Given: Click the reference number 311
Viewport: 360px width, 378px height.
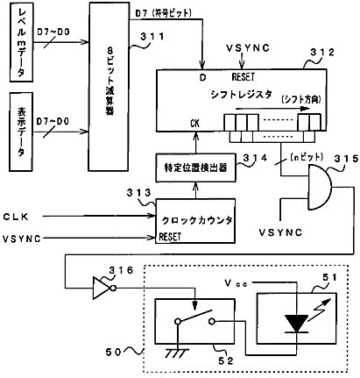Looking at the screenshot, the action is click(x=152, y=37).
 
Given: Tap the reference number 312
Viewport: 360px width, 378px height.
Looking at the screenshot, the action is click(x=322, y=53).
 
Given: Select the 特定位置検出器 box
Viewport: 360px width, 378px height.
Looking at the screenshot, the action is click(x=195, y=168).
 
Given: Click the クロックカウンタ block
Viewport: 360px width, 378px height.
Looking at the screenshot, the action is click(x=195, y=221).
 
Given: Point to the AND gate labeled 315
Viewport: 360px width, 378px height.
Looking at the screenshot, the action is click(x=320, y=187).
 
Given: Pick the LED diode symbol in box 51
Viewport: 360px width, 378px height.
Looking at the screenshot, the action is click(x=296, y=324).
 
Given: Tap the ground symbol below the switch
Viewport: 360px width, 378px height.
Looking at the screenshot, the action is click(x=175, y=353).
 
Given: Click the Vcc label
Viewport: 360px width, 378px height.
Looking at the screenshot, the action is click(x=236, y=283).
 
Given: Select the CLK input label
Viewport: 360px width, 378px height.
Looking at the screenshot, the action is click(x=16, y=217).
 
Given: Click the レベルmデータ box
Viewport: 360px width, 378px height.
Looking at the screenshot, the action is click(x=21, y=42).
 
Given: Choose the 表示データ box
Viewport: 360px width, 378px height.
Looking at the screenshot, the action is click(x=21, y=132).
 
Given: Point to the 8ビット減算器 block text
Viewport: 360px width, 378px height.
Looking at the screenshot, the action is click(x=109, y=82).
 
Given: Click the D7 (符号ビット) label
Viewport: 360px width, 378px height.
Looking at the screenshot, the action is click(x=163, y=13).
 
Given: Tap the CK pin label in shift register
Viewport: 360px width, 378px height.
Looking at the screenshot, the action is click(x=194, y=124).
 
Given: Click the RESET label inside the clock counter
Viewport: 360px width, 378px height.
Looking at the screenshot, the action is click(x=170, y=237).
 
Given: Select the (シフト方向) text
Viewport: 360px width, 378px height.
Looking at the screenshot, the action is click(x=301, y=100).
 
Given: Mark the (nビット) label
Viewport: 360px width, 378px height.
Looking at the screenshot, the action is click(x=307, y=157).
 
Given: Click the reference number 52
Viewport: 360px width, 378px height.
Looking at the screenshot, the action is click(x=226, y=360).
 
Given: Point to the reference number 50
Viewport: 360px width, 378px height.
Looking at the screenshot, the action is click(x=113, y=352).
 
